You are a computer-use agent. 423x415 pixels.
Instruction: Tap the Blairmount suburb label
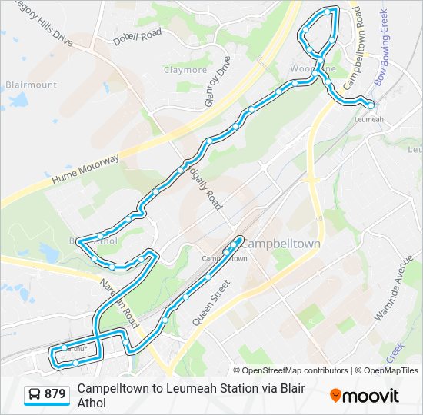(x=31, y=85)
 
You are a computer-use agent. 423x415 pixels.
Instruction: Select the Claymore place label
(x=185, y=70)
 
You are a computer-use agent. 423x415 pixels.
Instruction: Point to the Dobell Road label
(x=137, y=36)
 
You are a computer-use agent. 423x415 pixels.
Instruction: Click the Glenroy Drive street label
(x=218, y=81)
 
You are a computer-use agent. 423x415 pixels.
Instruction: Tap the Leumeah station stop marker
(x=371, y=105)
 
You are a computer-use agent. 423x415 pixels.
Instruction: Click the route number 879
(x=55, y=394)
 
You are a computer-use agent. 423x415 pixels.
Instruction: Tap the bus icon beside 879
(x=35, y=394)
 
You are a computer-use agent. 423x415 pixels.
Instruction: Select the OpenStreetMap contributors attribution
(x=291, y=370)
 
